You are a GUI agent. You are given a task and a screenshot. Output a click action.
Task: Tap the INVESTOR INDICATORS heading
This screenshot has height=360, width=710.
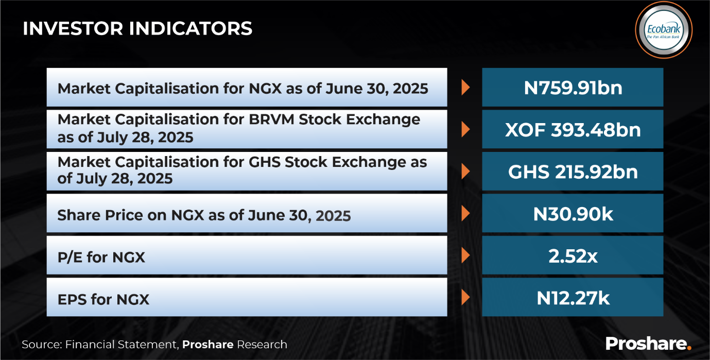[x=137, y=28]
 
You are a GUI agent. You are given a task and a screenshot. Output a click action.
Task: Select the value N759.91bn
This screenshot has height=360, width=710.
[x=573, y=88]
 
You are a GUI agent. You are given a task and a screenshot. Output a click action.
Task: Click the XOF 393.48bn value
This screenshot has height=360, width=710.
[x=573, y=130]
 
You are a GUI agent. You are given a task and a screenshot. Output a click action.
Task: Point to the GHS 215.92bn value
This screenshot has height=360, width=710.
[x=573, y=172]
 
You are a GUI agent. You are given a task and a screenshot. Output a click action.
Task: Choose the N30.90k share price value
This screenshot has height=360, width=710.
[x=573, y=214]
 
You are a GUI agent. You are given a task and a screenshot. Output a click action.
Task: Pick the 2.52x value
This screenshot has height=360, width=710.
[x=573, y=256]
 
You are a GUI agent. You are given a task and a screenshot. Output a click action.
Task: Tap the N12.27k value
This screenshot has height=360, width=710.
[x=573, y=298]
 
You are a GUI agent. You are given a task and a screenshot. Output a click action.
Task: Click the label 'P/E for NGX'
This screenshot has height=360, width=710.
[x=101, y=257]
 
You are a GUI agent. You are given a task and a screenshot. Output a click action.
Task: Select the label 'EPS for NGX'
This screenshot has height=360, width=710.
[x=103, y=299]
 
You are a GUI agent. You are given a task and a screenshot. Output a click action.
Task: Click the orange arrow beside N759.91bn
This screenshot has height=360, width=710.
[x=465, y=88]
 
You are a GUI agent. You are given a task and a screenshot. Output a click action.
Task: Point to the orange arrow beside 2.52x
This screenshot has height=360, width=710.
[x=465, y=255]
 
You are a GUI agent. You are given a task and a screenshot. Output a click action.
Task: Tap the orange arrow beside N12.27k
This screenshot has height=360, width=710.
[x=465, y=298]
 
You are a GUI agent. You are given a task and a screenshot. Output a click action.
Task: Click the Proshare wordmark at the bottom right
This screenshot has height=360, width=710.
[x=649, y=344]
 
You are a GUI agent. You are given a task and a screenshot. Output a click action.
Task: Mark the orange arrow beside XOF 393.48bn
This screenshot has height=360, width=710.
[x=465, y=129]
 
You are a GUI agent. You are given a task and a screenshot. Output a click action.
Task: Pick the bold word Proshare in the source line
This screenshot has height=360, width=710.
[x=208, y=345]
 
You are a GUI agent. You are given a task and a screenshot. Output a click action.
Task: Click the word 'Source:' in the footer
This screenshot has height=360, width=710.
[x=42, y=345]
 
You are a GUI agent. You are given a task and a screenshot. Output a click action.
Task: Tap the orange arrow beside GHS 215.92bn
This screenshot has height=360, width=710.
[x=465, y=172]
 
